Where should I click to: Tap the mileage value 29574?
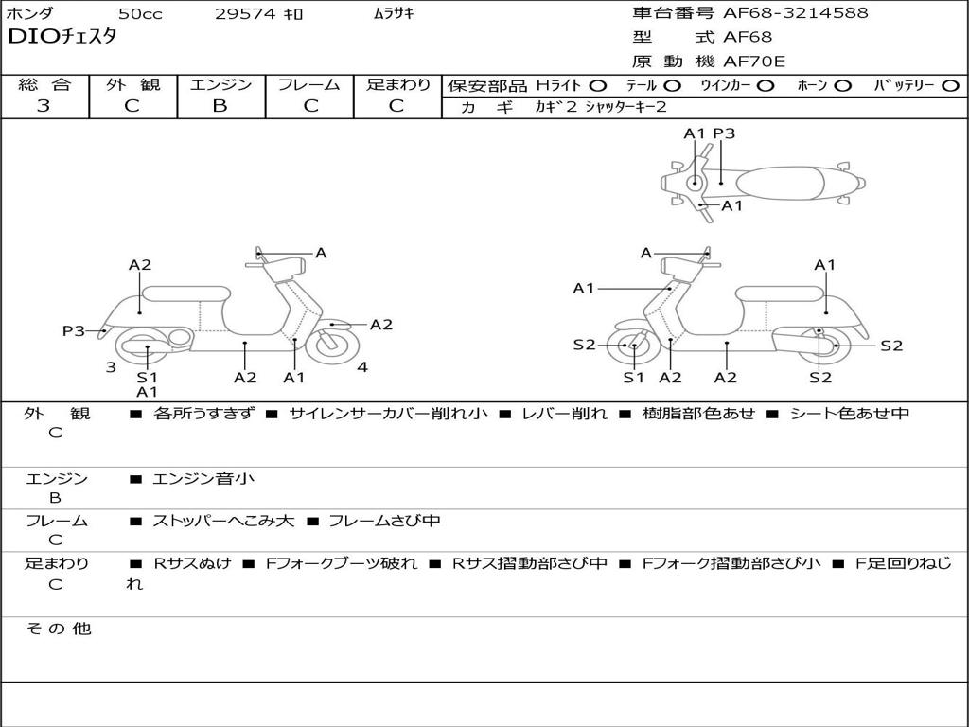click(245, 14)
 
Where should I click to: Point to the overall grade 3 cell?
click(44, 106)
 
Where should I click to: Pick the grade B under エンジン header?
click(220, 106)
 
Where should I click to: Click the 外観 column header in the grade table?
click(132, 84)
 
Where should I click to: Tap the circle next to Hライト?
click(598, 85)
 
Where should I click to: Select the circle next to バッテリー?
click(951, 85)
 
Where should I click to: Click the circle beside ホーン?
click(843, 85)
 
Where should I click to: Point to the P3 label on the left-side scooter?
click(74, 330)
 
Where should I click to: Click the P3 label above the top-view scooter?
click(724, 133)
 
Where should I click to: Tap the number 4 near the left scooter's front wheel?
click(362, 367)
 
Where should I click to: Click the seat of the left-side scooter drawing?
click(185, 293)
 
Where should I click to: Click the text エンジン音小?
click(203, 479)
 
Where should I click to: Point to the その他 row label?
click(58, 629)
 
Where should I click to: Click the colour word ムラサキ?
click(394, 14)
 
